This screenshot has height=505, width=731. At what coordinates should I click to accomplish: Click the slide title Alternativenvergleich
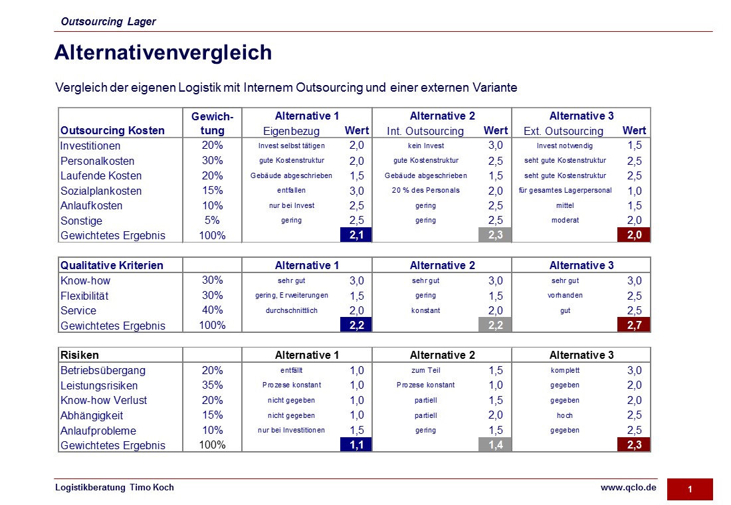[x=163, y=52]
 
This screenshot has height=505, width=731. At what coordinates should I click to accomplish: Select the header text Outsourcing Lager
[x=108, y=21]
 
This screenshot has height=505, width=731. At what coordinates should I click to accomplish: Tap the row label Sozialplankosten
[x=101, y=191]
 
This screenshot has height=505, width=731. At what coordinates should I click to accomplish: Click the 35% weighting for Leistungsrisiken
[x=212, y=385]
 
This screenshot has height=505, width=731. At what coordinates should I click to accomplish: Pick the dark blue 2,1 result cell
[x=356, y=235]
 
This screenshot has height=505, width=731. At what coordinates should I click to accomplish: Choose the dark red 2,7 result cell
[x=634, y=325]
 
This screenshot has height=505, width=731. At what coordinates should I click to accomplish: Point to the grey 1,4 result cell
[x=495, y=445]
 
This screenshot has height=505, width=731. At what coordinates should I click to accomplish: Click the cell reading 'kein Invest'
[x=425, y=146]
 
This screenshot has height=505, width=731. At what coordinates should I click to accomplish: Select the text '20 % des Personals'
[x=425, y=190]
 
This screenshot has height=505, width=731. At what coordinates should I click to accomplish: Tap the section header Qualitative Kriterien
[x=112, y=265]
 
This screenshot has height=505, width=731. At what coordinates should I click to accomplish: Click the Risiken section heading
[x=79, y=355]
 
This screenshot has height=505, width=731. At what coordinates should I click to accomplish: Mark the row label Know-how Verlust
[x=104, y=400]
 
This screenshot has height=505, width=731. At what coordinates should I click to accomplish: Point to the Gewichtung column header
[x=212, y=123]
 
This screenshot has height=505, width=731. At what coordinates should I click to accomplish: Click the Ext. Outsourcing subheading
[x=563, y=131]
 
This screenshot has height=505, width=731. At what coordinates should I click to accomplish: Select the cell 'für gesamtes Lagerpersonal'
[x=565, y=190]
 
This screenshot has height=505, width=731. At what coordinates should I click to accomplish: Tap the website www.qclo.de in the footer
[x=629, y=487]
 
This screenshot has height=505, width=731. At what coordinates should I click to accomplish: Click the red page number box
[x=690, y=489]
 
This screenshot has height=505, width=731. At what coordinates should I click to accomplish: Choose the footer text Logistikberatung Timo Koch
[x=114, y=487]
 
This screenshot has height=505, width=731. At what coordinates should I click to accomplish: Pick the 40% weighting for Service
[x=212, y=310]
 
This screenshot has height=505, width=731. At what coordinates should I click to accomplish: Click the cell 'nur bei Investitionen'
[x=291, y=430]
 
